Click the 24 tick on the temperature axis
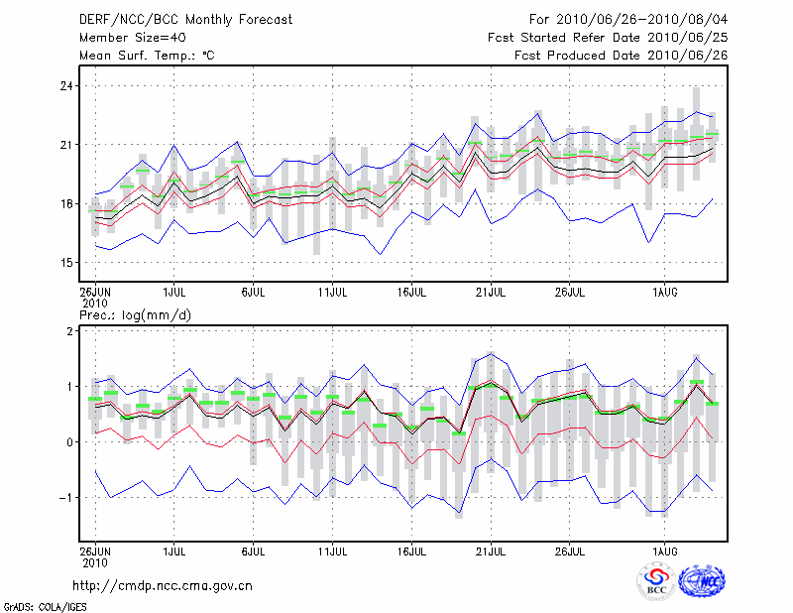pos(66,86)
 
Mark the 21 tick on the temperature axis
pos(66,145)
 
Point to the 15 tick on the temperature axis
pos(66,263)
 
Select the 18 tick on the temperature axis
pos(66,204)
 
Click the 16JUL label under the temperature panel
pos(411,292)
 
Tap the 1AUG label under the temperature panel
pos(664,292)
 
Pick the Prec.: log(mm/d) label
pos(136,314)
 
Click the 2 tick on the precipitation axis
pos(70,331)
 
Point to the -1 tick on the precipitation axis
pos(67,498)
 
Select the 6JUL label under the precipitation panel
pos(253,549)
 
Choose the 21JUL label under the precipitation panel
pos(491,549)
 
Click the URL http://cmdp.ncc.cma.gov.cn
pos(163,585)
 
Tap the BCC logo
pos(656,583)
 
